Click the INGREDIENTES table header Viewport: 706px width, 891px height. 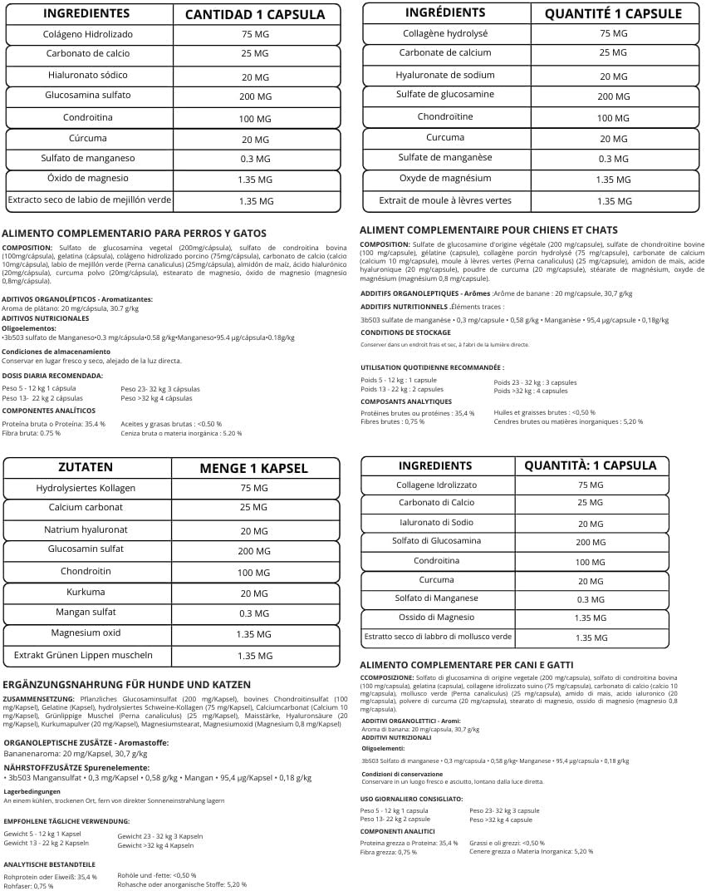click(86, 13)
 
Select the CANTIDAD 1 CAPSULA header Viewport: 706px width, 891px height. click(255, 14)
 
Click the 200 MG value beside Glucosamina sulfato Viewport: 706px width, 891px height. click(255, 96)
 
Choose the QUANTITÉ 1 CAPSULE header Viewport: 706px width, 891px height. click(612, 13)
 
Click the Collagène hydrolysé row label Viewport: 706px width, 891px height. click(445, 33)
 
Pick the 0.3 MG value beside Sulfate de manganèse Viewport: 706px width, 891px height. click(613, 159)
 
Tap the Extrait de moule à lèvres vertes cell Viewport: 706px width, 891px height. click(445, 200)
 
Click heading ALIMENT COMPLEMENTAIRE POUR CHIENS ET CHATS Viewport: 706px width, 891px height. click(488, 229)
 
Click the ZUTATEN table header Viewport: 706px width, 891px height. click(86, 467)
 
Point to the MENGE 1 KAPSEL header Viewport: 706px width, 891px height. click(253, 468)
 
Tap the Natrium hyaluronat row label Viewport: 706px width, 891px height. click(86, 529)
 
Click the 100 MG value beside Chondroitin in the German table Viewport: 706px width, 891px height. click(254, 573)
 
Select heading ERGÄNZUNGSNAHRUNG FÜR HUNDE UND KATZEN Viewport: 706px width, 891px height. click(126, 684)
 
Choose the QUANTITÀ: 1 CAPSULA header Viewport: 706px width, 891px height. click(590, 465)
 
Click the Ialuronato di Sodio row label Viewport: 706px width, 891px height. click(436, 522)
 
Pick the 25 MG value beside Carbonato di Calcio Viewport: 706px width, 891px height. click(590, 503)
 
